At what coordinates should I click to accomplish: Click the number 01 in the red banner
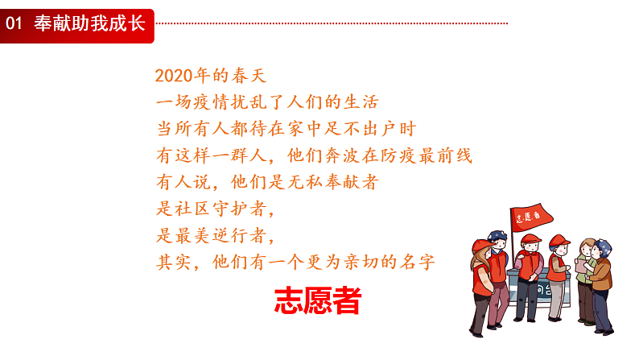coord(14,23)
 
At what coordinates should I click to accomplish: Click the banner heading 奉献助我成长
coord(89,23)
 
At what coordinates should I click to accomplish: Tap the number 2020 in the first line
coord(174,76)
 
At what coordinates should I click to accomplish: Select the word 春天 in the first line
coord(249,76)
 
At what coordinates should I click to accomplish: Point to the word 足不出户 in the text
coord(359,129)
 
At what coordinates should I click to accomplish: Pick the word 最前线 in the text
coord(445,155)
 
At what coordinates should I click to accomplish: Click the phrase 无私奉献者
coord(332,182)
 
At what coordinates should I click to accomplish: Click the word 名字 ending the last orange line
coord(418,262)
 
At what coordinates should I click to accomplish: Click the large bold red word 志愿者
coord(317,301)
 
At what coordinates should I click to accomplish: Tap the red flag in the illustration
coord(530,217)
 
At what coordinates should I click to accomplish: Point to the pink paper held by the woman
coord(580,266)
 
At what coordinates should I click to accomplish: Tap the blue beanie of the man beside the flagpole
coord(497,235)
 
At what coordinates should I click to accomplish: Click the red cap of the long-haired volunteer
coord(481,246)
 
